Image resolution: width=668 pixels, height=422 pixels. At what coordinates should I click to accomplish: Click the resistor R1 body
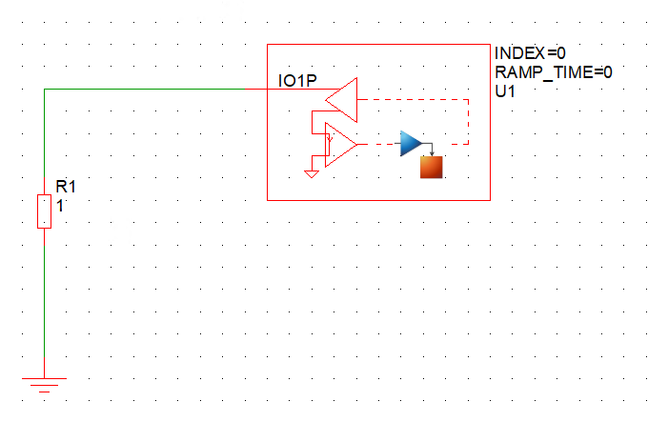point(44,211)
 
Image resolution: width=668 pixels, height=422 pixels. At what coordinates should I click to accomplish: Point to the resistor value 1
point(60,204)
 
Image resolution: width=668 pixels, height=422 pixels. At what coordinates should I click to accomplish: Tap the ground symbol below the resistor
point(44,382)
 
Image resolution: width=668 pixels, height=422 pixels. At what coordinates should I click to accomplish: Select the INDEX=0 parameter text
point(531,52)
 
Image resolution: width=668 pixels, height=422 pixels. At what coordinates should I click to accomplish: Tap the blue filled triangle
point(410,144)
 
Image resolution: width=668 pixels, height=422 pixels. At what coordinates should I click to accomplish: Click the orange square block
point(433,167)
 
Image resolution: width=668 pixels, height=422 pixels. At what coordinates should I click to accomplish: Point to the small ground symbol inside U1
point(311,173)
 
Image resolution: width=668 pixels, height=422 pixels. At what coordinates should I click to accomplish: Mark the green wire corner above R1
point(45,90)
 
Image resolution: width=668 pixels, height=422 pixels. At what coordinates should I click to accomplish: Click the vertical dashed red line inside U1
point(469,121)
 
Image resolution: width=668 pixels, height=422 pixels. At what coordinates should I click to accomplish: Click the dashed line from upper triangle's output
point(410,98)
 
